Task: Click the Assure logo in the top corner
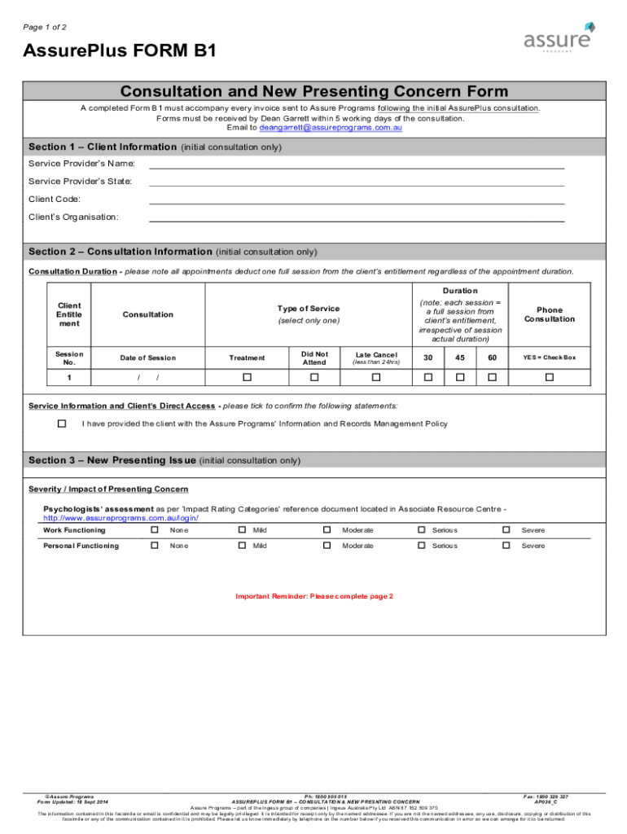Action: click(561, 37)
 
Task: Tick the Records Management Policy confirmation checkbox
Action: click(62, 424)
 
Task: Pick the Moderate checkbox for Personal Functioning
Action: click(327, 546)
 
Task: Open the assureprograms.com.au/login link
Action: click(121, 518)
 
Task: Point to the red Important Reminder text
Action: click(314, 596)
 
